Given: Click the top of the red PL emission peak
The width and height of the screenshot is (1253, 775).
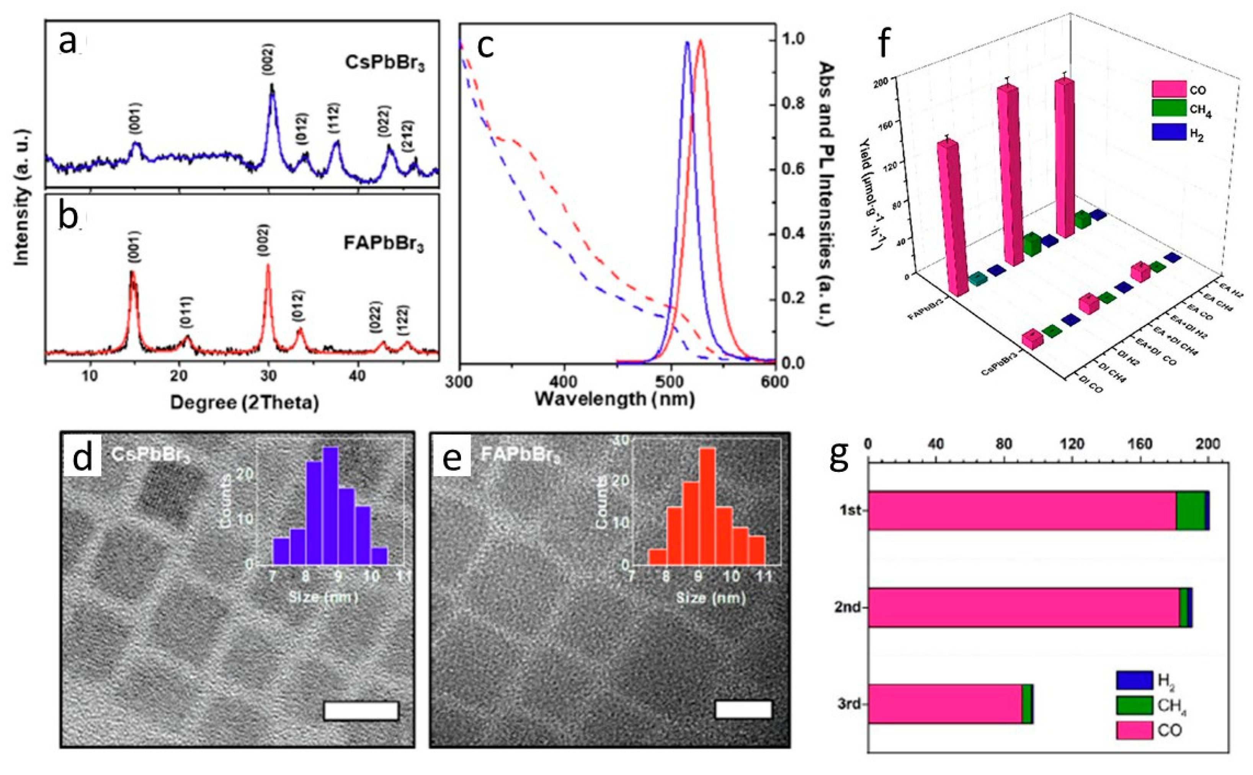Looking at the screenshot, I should (700, 42).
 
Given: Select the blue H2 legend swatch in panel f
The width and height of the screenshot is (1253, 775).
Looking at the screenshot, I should (1169, 132).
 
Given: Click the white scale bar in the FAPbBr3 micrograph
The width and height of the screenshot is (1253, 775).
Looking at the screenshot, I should (743, 710).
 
